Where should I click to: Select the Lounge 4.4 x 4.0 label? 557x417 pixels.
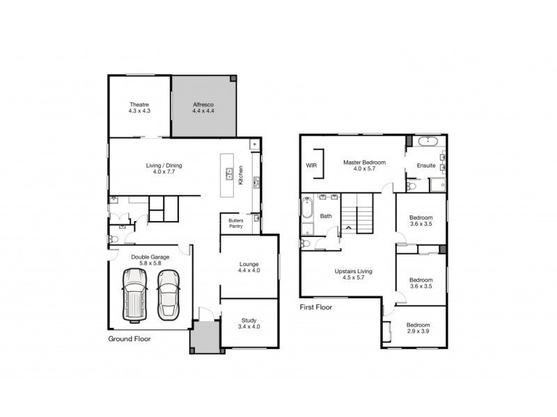coord(249,267)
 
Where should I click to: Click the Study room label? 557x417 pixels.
coord(249,322)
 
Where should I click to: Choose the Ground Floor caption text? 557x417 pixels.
coord(129,339)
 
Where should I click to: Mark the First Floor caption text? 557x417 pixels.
coord(316,306)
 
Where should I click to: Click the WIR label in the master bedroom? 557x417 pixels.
coord(311,166)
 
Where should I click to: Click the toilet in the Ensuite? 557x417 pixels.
coord(411,186)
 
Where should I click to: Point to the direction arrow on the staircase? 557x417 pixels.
coord(347,227)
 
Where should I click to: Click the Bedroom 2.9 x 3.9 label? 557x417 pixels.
coord(418,328)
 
